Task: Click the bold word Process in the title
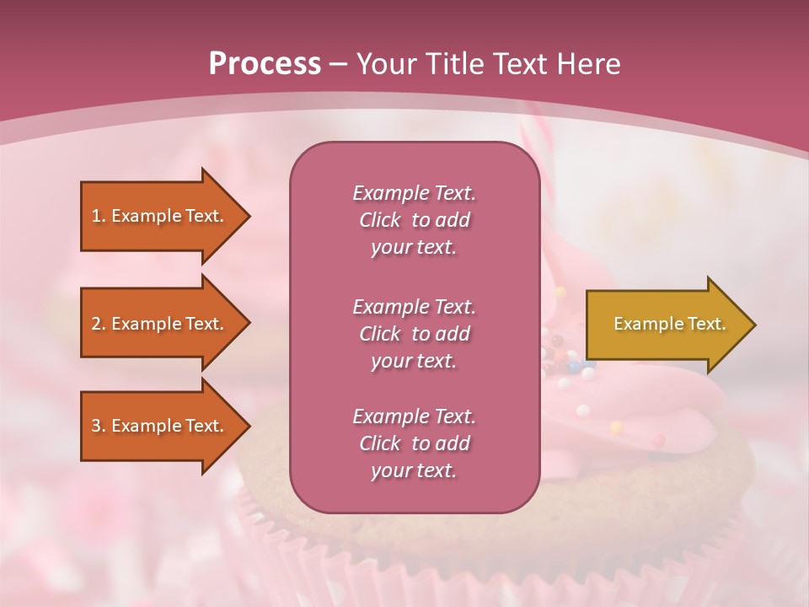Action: [x=265, y=63]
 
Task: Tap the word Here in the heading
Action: [x=589, y=63]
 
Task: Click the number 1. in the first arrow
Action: [x=99, y=216]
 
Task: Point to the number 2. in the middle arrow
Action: [x=99, y=324]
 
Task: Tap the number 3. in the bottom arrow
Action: [x=99, y=426]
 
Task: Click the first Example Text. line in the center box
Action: [x=414, y=193]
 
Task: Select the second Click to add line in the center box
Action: [x=414, y=334]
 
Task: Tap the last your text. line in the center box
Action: [x=414, y=470]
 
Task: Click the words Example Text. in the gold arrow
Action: [x=670, y=324]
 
